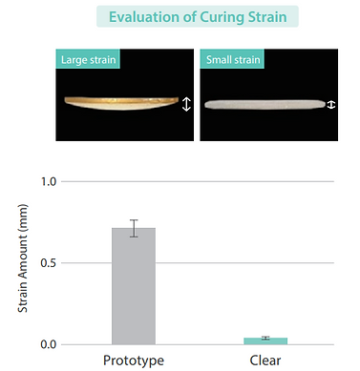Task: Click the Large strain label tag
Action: click(88, 59)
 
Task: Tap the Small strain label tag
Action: click(232, 59)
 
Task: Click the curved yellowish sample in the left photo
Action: click(121, 103)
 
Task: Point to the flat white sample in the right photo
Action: click(265, 104)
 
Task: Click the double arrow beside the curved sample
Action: click(186, 104)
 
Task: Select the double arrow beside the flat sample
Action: click(331, 105)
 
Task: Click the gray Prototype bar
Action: click(134, 286)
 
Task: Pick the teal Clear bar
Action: click(265, 341)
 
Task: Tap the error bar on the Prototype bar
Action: click(134, 228)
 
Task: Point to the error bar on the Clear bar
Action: click(265, 338)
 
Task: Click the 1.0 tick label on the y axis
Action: click(49, 181)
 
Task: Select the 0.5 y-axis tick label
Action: click(49, 263)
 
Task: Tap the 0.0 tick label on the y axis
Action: click(49, 344)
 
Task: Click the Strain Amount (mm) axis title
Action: click(23, 258)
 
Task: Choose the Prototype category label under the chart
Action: click(134, 361)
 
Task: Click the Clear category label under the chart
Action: click(265, 361)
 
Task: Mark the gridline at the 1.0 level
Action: click(198, 181)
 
